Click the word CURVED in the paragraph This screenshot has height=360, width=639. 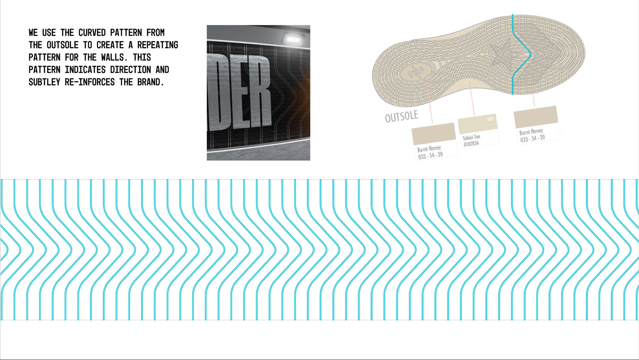tap(92, 33)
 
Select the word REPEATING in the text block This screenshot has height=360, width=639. tap(157, 45)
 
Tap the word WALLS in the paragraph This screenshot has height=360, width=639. tap(114, 57)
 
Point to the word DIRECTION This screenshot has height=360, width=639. tap(130, 70)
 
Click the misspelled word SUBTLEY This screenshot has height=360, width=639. tap(44, 82)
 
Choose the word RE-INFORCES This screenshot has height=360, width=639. tap(90, 82)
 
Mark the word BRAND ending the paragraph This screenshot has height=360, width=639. tap(150, 82)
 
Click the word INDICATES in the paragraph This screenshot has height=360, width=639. tap(85, 70)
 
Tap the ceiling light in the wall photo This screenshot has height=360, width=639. tap(292, 39)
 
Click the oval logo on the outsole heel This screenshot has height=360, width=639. tap(416, 71)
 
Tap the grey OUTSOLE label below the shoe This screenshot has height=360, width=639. tap(401, 116)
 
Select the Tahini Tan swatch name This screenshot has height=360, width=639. tap(471, 137)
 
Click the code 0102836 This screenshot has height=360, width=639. tap(471, 144)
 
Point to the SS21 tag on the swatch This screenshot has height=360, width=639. tap(490, 119)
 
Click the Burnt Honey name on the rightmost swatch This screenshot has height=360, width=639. tap(531, 131)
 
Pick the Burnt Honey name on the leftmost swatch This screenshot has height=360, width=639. tap(429, 148)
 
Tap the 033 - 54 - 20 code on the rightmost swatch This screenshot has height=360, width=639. tap(532, 138)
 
